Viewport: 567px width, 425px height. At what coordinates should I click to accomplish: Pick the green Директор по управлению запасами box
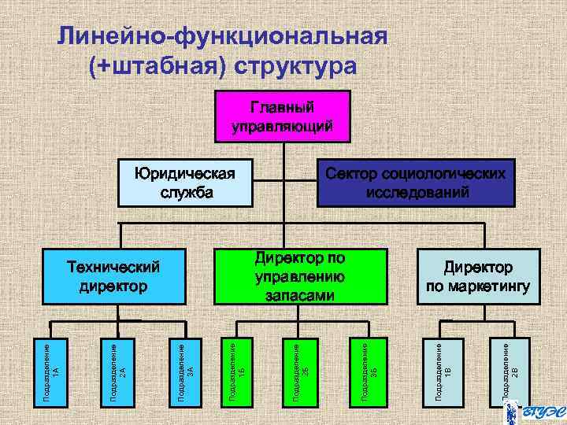pos(300,277)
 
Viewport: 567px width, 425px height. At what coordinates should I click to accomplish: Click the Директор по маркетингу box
pos(477,277)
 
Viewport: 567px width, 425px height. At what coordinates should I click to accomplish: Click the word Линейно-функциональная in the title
pos(223,36)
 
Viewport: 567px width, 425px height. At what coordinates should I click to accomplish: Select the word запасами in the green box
pos(300,295)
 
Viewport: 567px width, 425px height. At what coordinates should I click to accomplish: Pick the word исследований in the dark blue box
pos(417,191)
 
